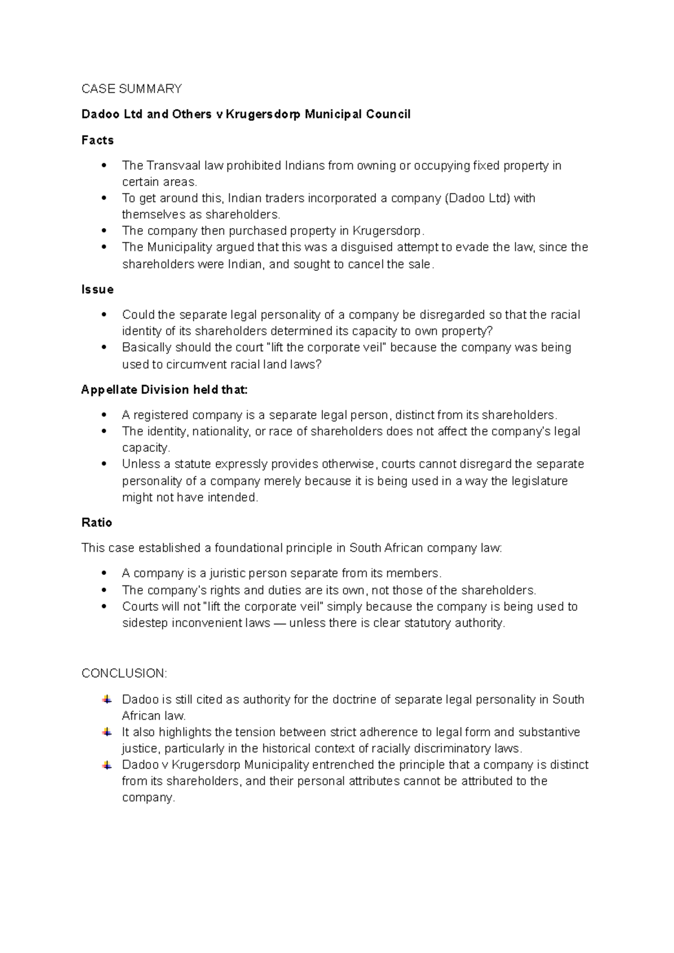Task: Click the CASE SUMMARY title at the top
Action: [x=131, y=89]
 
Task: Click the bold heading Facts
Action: [x=98, y=140]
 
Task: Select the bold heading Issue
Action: [x=98, y=289]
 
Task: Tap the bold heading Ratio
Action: [x=97, y=523]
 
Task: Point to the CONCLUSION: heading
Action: [x=124, y=673]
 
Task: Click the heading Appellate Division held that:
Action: [x=164, y=390]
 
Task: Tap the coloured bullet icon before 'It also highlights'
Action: [x=107, y=732]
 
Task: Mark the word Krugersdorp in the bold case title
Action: [x=263, y=115]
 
